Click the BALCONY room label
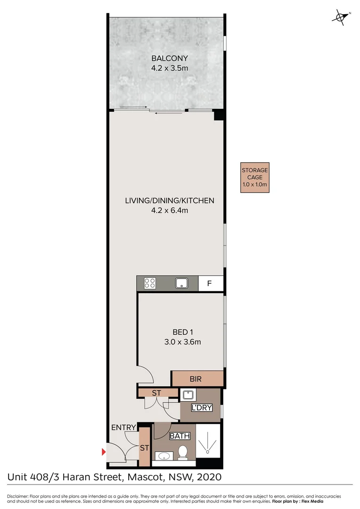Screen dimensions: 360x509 [x=170, y=58]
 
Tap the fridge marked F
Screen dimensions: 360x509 [x=210, y=283]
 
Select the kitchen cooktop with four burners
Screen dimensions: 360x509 [x=150, y=283]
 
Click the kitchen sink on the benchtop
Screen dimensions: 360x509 [x=182, y=283]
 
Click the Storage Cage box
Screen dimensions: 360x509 [x=255, y=178]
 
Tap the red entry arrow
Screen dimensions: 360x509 [x=104, y=452]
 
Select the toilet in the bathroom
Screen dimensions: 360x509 [x=183, y=452]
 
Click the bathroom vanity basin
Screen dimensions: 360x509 [x=164, y=456]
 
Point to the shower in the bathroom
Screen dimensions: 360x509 [x=208, y=440]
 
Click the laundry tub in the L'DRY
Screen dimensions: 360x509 [x=188, y=395]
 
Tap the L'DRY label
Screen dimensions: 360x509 [x=202, y=408]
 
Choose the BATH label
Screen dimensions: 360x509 [x=180, y=436]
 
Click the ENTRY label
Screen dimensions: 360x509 [x=123, y=427]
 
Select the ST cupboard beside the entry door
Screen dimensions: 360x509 [x=145, y=447]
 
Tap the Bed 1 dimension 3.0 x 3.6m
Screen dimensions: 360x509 [x=182, y=342]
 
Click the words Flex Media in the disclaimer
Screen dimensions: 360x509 [x=312, y=501]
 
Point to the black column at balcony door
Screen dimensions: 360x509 [x=219, y=115]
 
